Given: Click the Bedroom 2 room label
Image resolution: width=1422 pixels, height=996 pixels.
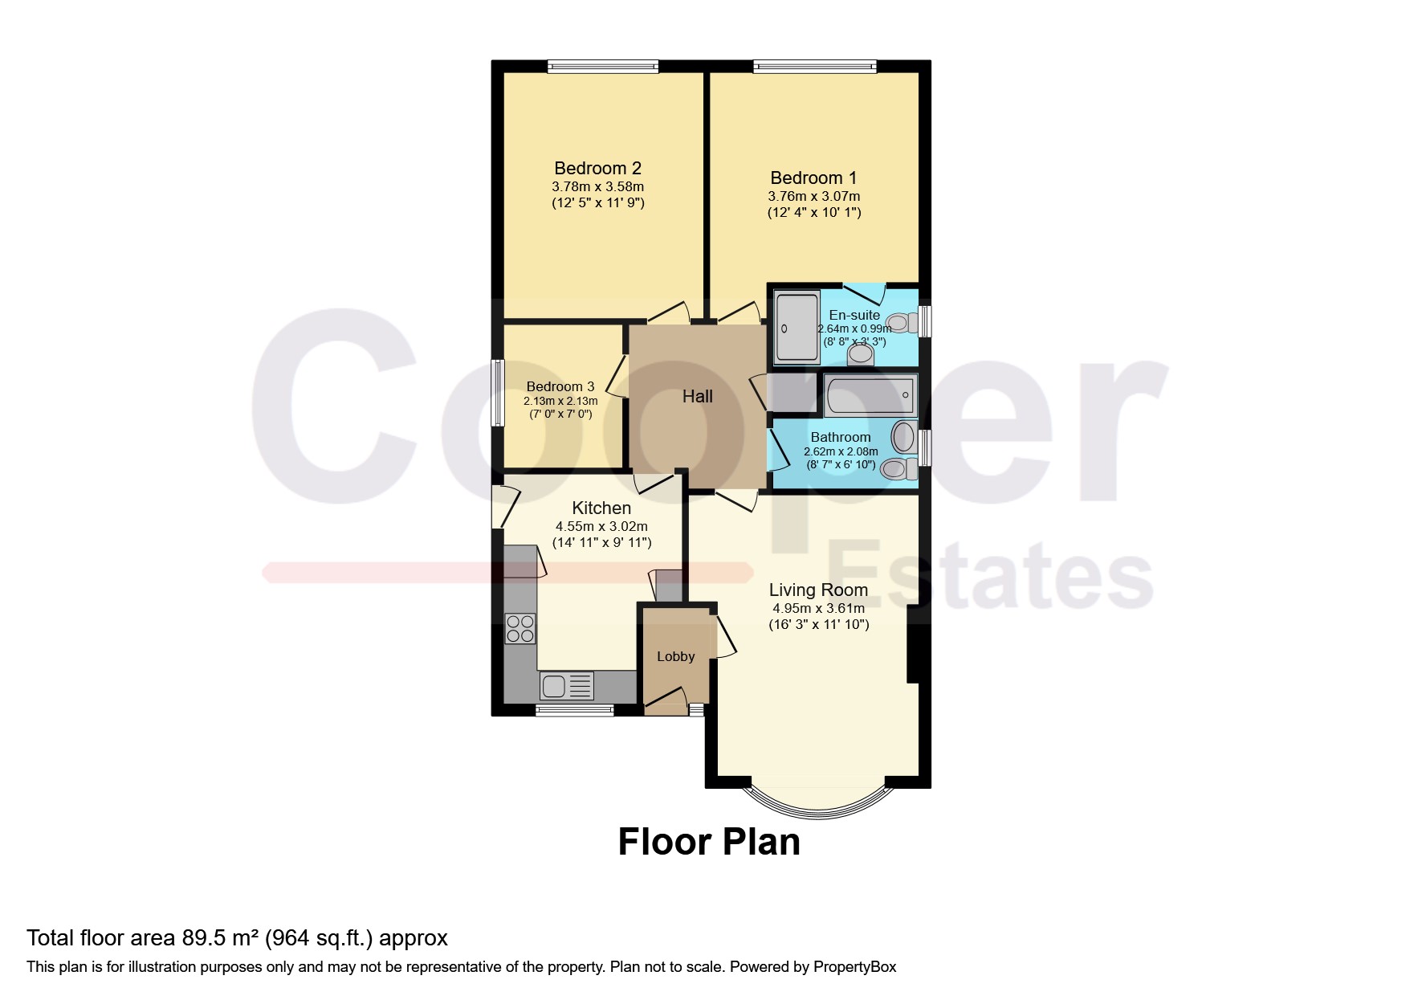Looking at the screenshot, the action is [597, 169].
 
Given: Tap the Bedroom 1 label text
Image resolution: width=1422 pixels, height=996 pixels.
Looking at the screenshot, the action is [813, 178].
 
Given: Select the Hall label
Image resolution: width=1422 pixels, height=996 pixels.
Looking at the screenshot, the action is [698, 396].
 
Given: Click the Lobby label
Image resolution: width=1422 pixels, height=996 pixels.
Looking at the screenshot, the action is [676, 656].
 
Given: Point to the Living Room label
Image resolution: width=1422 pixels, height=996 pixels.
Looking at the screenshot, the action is [818, 590].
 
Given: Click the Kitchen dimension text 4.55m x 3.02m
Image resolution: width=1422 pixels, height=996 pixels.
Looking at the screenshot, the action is [601, 527].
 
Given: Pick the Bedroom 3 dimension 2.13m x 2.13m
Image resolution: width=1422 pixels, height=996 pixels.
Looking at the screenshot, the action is [560, 401].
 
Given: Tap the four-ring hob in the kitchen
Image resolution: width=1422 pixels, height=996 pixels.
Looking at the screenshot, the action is [520, 628].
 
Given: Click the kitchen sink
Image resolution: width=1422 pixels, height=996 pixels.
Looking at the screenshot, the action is [567, 685].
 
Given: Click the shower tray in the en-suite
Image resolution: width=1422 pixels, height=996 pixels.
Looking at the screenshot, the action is [797, 327].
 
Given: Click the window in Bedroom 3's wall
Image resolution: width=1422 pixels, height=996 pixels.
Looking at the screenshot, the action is [498, 393].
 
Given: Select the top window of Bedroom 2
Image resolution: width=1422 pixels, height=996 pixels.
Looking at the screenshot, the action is [603, 67].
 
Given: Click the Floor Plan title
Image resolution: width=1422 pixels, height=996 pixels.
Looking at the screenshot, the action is [709, 842].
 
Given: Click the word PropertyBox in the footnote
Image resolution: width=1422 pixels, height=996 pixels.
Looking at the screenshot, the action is [854, 967].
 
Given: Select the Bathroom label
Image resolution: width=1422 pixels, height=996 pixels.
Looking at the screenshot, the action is [841, 438].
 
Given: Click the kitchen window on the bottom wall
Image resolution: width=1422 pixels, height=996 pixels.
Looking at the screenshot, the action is [574, 710].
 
